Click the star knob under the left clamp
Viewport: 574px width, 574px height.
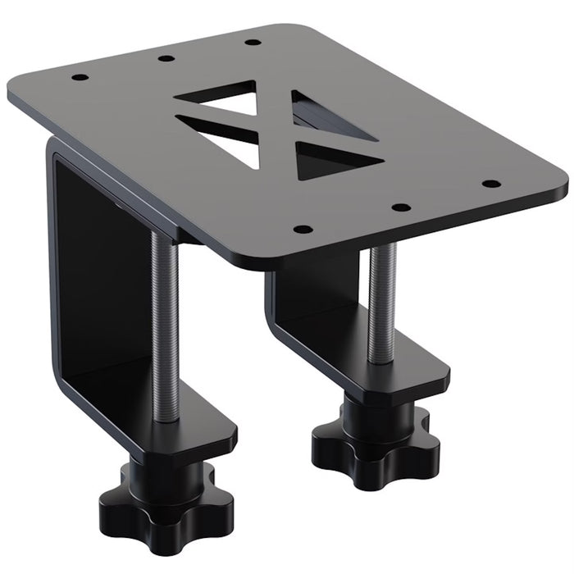[x=156, y=500]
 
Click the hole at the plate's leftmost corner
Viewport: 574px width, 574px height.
[x=80, y=78]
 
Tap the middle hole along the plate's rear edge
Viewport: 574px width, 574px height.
[x=166, y=58]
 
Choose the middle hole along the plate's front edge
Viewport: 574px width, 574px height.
[x=399, y=207]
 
